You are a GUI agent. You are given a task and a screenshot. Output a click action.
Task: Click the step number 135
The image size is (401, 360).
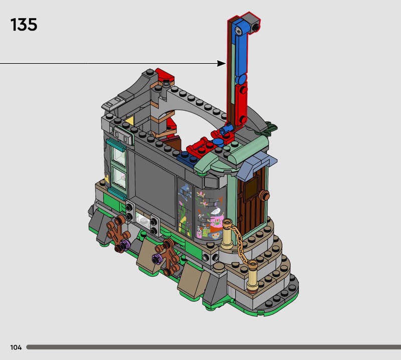click(24, 25)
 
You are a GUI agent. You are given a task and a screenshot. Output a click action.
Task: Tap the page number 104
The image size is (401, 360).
click(16, 347)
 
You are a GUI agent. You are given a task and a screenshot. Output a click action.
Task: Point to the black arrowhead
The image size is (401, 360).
click(221, 64)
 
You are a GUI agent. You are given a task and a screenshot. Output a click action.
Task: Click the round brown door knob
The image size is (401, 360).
click(264, 196)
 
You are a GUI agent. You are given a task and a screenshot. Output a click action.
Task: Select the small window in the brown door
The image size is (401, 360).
click(251, 189)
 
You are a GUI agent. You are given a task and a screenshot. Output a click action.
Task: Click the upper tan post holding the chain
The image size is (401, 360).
click(227, 233)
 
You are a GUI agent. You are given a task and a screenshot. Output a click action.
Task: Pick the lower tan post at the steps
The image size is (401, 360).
click(253, 276)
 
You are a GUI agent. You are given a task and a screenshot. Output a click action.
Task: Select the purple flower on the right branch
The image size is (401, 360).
click(157, 259)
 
